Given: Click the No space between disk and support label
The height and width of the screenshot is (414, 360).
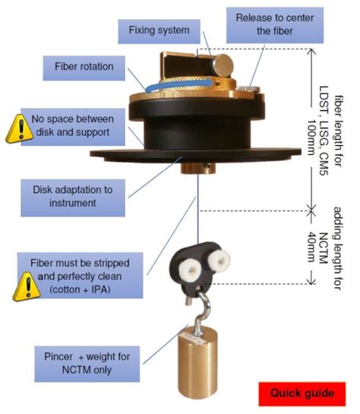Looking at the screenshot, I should pyautogui.click(x=84, y=125).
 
